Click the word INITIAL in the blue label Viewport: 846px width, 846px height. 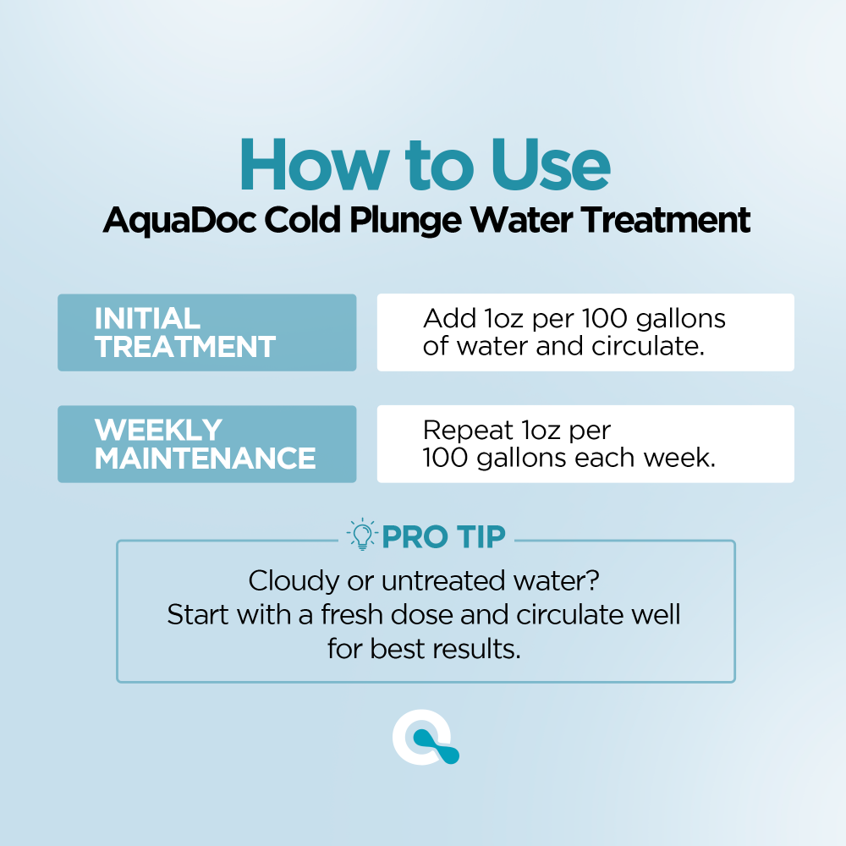[147, 318]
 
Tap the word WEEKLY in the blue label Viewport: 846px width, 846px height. [158, 430]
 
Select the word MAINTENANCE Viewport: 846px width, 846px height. [205, 459]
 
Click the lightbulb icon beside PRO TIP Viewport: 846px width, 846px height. [361, 536]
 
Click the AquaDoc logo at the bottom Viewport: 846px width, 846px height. [426, 741]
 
